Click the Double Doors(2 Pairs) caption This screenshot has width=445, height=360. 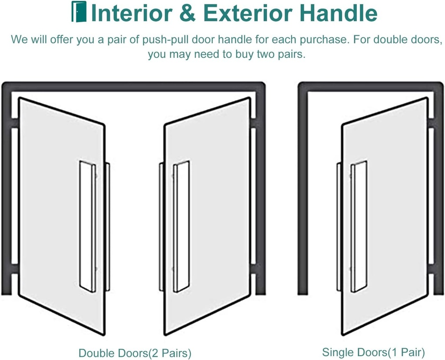point(135,353)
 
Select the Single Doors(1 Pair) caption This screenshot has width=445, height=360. point(373,352)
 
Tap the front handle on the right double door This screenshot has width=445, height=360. point(181,226)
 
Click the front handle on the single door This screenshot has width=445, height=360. point(359,226)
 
